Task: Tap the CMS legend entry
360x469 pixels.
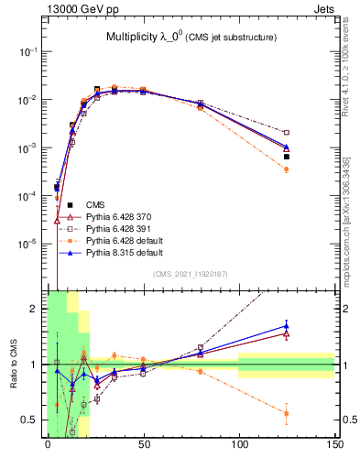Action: tap(94, 204)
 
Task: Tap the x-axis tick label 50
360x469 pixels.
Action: tap(143, 444)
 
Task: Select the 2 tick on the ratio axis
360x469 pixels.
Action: tap(35, 309)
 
